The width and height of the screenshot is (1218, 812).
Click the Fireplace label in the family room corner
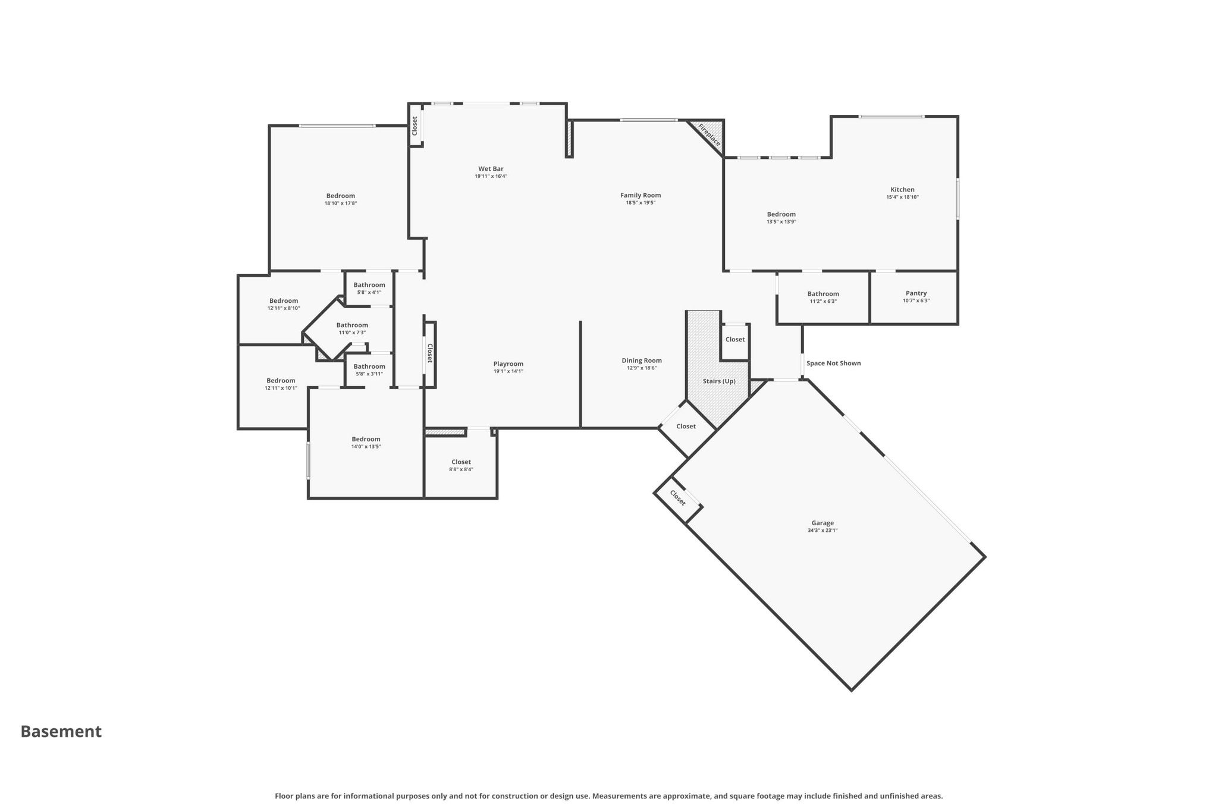[x=709, y=134]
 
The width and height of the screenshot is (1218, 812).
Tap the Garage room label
[x=823, y=523]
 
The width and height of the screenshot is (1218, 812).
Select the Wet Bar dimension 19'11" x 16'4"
[x=491, y=177]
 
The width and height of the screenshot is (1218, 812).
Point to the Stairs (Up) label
[x=719, y=381]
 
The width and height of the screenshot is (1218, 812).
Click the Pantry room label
[x=916, y=293]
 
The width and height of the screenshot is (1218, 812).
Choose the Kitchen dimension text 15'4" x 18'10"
[x=902, y=197]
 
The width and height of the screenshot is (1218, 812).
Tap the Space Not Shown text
[x=833, y=363]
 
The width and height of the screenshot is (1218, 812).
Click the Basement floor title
[x=61, y=732]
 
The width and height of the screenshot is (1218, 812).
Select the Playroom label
[x=508, y=364]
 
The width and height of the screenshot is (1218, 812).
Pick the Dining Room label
[x=642, y=360]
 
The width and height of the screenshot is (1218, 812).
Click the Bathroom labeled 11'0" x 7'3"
[x=352, y=325]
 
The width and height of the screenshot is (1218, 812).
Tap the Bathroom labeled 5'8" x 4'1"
[x=369, y=285]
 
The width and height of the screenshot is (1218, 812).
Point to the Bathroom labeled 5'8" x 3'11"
[x=369, y=366]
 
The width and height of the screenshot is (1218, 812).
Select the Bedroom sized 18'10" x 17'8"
[x=340, y=196]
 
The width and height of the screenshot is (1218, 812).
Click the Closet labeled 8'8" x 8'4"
[x=461, y=462]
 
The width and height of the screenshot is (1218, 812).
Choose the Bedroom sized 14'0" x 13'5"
[x=366, y=440]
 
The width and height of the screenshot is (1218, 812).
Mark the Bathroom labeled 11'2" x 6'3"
[x=823, y=294]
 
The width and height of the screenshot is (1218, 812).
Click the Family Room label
[x=641, y=195]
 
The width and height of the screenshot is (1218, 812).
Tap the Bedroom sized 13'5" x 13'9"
[x=781, y=214]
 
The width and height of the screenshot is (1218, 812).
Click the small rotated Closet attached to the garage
[x=677, y=498]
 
